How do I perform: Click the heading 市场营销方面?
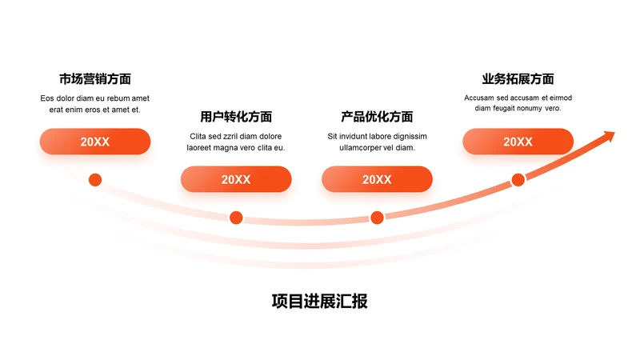[94, 79]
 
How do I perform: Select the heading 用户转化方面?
[236, 117]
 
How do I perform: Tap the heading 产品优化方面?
[377, 117]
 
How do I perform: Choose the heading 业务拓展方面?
[518, 79]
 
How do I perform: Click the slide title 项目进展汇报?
[319, 302]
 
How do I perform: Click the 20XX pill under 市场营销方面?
[94, 142]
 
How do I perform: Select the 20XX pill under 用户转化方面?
[236, 179]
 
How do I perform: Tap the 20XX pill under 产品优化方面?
[377, 179]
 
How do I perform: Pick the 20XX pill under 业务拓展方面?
[518, 142]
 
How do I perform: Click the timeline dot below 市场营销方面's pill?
[95, 179]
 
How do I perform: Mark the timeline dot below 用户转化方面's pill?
[236, 217]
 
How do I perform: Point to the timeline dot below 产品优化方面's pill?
[377, 217]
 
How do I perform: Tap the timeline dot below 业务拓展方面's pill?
[518, 179]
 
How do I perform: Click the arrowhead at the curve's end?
[609, 136]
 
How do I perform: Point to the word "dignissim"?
[410, 136]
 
